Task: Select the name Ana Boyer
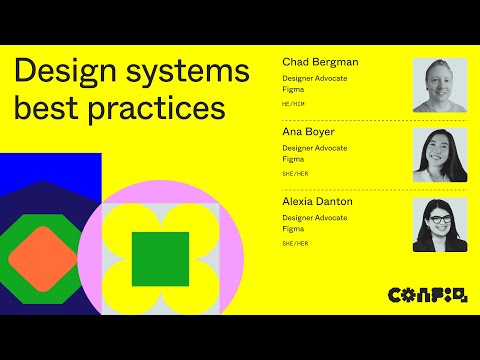click(308, 132)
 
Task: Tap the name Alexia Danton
click(317, 201)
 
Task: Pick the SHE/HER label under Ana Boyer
click(295, 173)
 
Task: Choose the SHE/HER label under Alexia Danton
click(295, 243)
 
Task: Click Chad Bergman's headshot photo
click(440, 85)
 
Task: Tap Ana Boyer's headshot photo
click(440, 155)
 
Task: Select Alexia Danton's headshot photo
click(440, 224)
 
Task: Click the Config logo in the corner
click(427, 294)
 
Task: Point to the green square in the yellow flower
click(160, 258)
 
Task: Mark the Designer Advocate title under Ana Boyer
click(315, 148)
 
